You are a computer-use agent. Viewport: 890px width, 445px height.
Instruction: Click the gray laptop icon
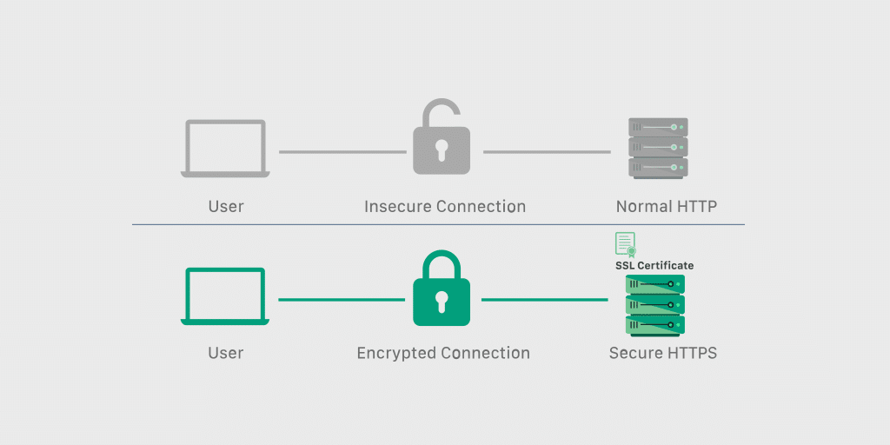click(x=225, y=149)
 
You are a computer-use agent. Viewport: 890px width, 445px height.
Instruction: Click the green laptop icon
click(x=225, y=296)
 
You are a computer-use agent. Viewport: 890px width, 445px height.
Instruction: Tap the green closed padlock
click(x=441, y=296)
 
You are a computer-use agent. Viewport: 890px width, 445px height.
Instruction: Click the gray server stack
click(x=658, y=149)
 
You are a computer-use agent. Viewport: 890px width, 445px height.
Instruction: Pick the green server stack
click(x=655, y=305)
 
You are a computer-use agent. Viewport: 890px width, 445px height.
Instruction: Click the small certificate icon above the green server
click(x=625, y=244)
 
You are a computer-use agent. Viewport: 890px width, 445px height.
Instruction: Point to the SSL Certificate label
click(x=654, y=265)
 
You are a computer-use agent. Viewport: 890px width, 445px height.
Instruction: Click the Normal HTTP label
click(x=667, y=207)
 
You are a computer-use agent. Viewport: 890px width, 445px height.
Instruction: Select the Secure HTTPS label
click(x=663, y=354)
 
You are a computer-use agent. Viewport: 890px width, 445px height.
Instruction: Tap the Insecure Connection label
click(x=444, y=207)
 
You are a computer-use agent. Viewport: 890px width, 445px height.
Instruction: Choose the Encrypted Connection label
click(x=443, y=354)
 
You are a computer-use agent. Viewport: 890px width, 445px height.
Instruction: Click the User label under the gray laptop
click(x=226, y=207)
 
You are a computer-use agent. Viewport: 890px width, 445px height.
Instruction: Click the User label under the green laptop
click(x=226, y=354)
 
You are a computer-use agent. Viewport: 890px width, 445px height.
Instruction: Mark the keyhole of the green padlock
click(x=441, y=301)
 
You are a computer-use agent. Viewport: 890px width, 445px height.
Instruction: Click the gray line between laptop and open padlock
click(x=342, y=152)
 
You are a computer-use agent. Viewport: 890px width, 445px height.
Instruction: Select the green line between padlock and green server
click(x=544, y=300)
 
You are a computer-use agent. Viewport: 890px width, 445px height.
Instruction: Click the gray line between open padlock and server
click(x=547, y=152)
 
